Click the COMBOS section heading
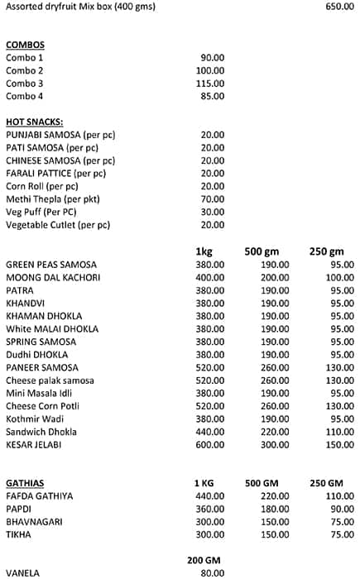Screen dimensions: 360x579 (x=25, y=45)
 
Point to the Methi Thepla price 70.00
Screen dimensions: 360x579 (x=213, y=199)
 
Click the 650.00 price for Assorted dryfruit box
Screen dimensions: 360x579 (x=340, y=7)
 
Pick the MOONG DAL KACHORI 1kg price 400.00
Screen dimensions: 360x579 (x=210, y=277)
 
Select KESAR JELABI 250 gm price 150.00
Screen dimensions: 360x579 (x=340, y=444)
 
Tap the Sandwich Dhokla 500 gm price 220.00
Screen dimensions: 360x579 (x=275, y=432)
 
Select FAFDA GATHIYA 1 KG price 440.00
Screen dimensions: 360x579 (x=210, y=496)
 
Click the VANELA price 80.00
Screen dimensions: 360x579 (x=213, y=572)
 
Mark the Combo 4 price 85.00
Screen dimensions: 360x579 (x=213, y=96)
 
